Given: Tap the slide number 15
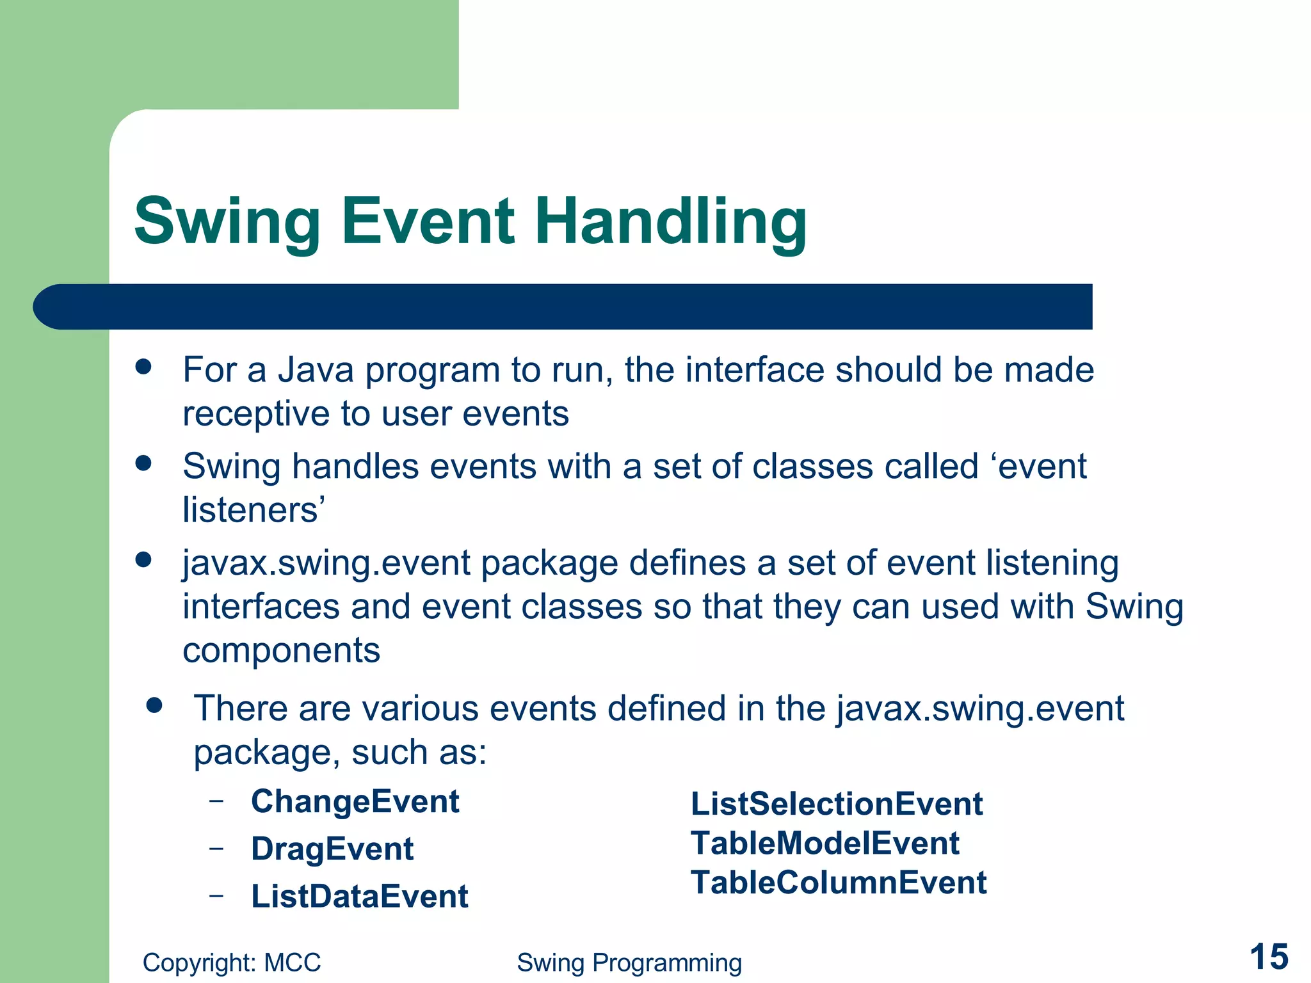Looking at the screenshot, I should (1268, 957).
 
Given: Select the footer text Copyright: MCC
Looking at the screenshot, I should (231, 963).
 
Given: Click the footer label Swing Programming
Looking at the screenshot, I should (629, 963).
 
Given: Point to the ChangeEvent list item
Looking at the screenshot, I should (355, 801).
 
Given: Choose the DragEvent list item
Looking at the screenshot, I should (332, 849).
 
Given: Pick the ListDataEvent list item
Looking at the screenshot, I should (359, 896).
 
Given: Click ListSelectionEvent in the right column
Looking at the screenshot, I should (836, 804).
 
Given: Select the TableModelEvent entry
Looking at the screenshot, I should (824, 843).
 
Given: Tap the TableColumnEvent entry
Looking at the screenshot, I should (839, 883).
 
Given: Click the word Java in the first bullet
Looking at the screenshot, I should (315, 370).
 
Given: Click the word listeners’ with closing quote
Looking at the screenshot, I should (254, 510).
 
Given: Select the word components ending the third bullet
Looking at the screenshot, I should (281, 650).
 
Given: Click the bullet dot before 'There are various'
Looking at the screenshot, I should (154, 705).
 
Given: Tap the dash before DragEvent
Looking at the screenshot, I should (216, 848).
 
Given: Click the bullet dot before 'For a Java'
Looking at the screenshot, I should (143, 367).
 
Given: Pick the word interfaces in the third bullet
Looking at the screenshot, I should (261, 606).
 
